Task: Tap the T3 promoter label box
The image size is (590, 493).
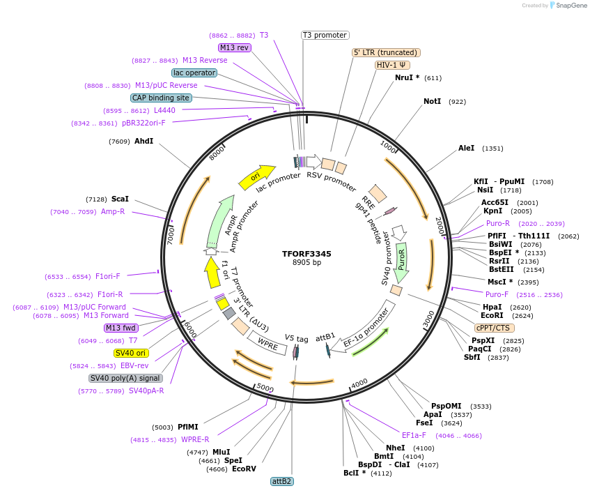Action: click(325, 35)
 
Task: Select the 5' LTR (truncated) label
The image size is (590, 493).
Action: click(386, 52)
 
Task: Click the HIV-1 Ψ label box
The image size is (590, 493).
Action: click(393, 65)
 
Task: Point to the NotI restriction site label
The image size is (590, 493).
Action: click(432, 102)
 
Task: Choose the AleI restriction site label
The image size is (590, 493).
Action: click(466, 148)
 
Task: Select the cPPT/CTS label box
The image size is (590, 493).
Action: click(495, 328)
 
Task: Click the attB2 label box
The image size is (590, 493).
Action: click(281, 481)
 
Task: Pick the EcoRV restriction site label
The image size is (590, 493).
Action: click(244, 469)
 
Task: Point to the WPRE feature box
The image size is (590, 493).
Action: click(267, 342)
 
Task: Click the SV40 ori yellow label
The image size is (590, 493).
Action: click(131, 353)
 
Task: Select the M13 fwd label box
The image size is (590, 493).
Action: click(121, 328)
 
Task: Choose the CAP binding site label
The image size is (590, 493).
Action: click(161, 98)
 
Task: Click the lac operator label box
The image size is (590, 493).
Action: click(194, 73)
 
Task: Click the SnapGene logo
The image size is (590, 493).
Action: click(567, 6)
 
